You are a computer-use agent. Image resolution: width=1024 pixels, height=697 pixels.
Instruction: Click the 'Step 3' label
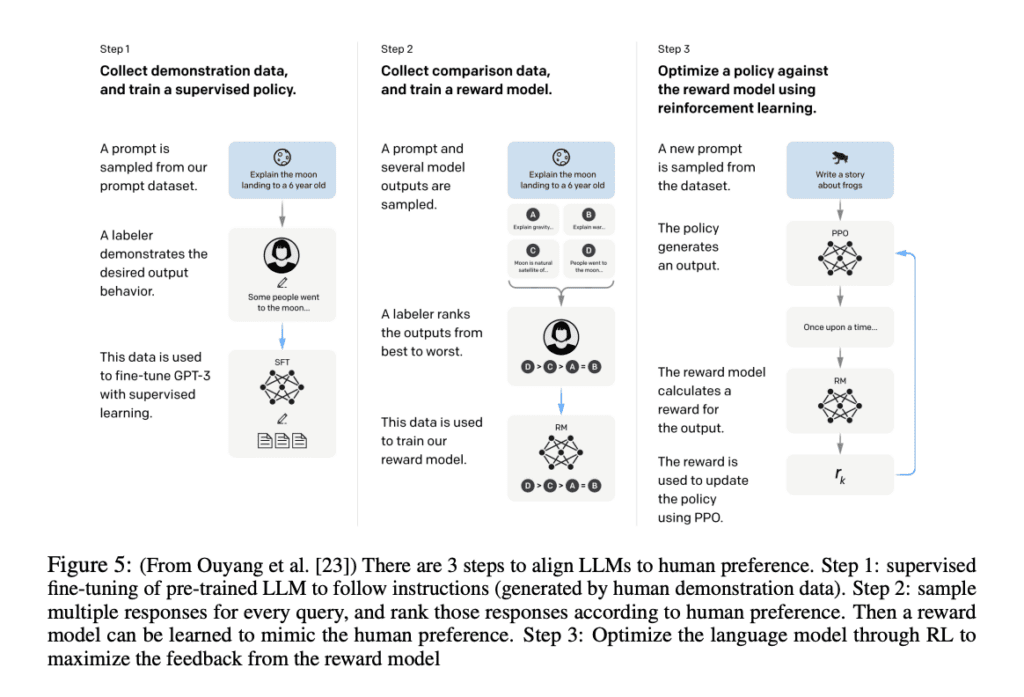[x=674, y=49]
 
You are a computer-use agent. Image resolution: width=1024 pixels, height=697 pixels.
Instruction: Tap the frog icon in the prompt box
[x=839, y=158]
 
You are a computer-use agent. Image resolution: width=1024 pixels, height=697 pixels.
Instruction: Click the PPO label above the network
[x=839, y=231]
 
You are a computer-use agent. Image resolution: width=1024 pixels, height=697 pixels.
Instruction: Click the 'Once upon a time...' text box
[x=839, y=327]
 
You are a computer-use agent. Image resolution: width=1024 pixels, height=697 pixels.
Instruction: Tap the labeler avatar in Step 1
[x=282, y=256]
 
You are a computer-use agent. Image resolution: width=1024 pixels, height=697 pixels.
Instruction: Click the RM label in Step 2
[x=561, y=428]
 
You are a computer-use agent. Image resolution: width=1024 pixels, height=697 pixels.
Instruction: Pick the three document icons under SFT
[x=282, y=440]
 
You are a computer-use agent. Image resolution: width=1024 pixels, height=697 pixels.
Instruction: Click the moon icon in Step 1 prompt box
[x=282, y=157]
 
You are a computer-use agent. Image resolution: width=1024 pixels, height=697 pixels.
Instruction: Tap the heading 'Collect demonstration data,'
[x=198, y=71]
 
